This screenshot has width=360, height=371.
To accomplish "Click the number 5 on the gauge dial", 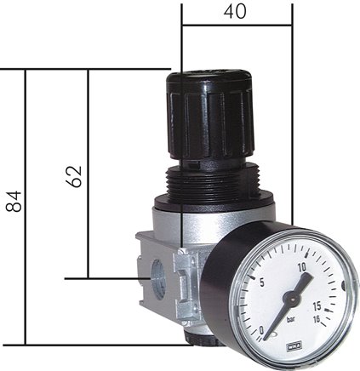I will pyautogui.click(x=263, y=283).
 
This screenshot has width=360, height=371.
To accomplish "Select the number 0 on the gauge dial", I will pyautogui.click(x=262, y=328).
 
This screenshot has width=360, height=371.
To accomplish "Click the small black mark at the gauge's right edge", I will pyautogui.click(x=351, y=294).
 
